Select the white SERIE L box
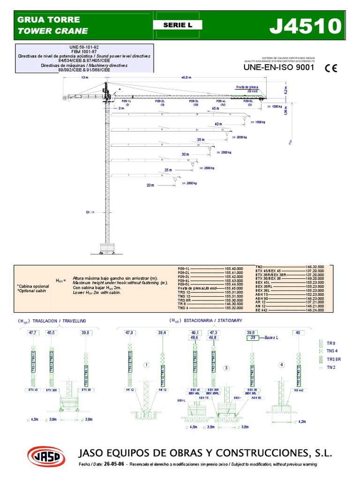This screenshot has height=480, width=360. pyautogui.click(x=177, y=25)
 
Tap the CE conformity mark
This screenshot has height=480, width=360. pyautogui.click(x=331, y=67)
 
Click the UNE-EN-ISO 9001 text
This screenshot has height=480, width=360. pyautogui.click(x=278, y=67)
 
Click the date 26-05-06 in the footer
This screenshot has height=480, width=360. pyautogui.click(x=115, y=465)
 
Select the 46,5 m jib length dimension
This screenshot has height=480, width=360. pyautogui.click(x=186, y=77)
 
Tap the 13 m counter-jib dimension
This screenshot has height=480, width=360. pyautogui.click(x=84, y=77)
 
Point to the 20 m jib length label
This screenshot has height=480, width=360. pyautogui.click(x=150, y=185)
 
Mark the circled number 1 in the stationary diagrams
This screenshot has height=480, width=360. pyautogui.click(x=146, y=364)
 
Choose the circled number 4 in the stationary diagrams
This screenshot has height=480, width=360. pyautogui.click(x=282, y=364)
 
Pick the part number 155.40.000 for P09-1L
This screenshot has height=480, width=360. pyautogui.click(x=234, y=269)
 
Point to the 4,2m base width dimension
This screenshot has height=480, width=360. pyautogui.click(x=303, y=421)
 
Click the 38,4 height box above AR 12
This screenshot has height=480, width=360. pyautogui.click(x=163, y=332)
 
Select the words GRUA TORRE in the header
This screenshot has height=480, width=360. pyautogui.click(x=48, y=20)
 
